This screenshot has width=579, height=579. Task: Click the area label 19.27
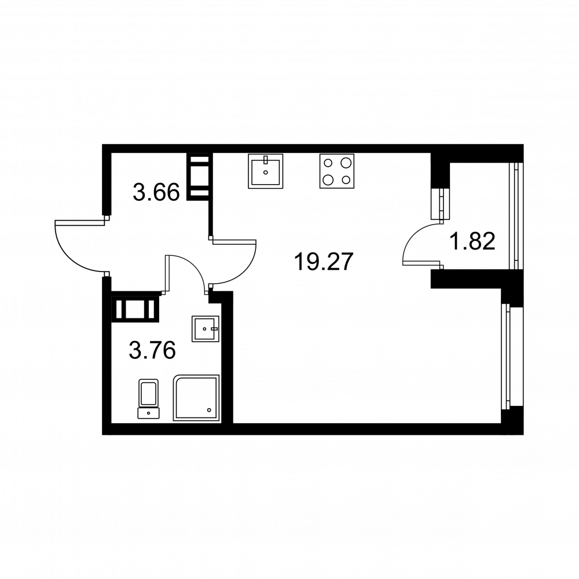[323, 262]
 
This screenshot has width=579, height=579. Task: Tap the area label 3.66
[156, 191]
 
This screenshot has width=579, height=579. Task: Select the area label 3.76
[152, 350]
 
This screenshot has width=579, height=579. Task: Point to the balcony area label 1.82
[473, 241]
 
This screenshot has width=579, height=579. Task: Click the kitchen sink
[266, 171]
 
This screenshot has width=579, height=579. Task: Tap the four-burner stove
[336, 171]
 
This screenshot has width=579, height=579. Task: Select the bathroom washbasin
[205, 329]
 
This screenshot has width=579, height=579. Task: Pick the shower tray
[197, 398]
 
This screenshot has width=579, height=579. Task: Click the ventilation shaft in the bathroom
[135, 308]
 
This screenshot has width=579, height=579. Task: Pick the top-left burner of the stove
[328, 163]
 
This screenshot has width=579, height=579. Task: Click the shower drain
[210, 409]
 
